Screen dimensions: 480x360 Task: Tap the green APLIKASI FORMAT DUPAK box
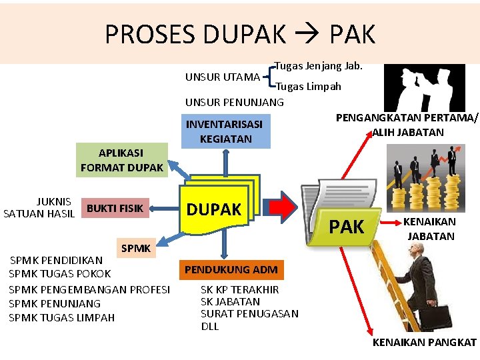[x=121, y=161]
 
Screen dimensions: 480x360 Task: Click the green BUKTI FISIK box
[x=115, y=208]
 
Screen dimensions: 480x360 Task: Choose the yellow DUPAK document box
[x=213, y=209]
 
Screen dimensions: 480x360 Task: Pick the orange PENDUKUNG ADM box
[x=231, y=270]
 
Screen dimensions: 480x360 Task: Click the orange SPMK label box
[x=137, y=249]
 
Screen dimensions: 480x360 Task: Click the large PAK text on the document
[x=347, y=227]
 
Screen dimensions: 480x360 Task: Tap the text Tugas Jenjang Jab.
[x=318, y=66]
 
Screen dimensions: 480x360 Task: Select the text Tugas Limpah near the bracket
[x=308, y=86]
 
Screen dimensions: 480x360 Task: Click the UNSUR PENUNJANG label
[x=234, y=102]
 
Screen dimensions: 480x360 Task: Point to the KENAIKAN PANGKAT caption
[x=424, y=343]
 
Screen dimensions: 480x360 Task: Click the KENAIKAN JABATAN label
[x=430, y=229]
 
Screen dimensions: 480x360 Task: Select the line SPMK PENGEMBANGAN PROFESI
[x=89, y=289]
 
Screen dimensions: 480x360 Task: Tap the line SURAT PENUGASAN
[x=249, y=313]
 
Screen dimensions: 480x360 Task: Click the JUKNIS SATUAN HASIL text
[x=39, y=207]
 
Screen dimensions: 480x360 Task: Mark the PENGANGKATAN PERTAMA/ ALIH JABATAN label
[x=407, y=125]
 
